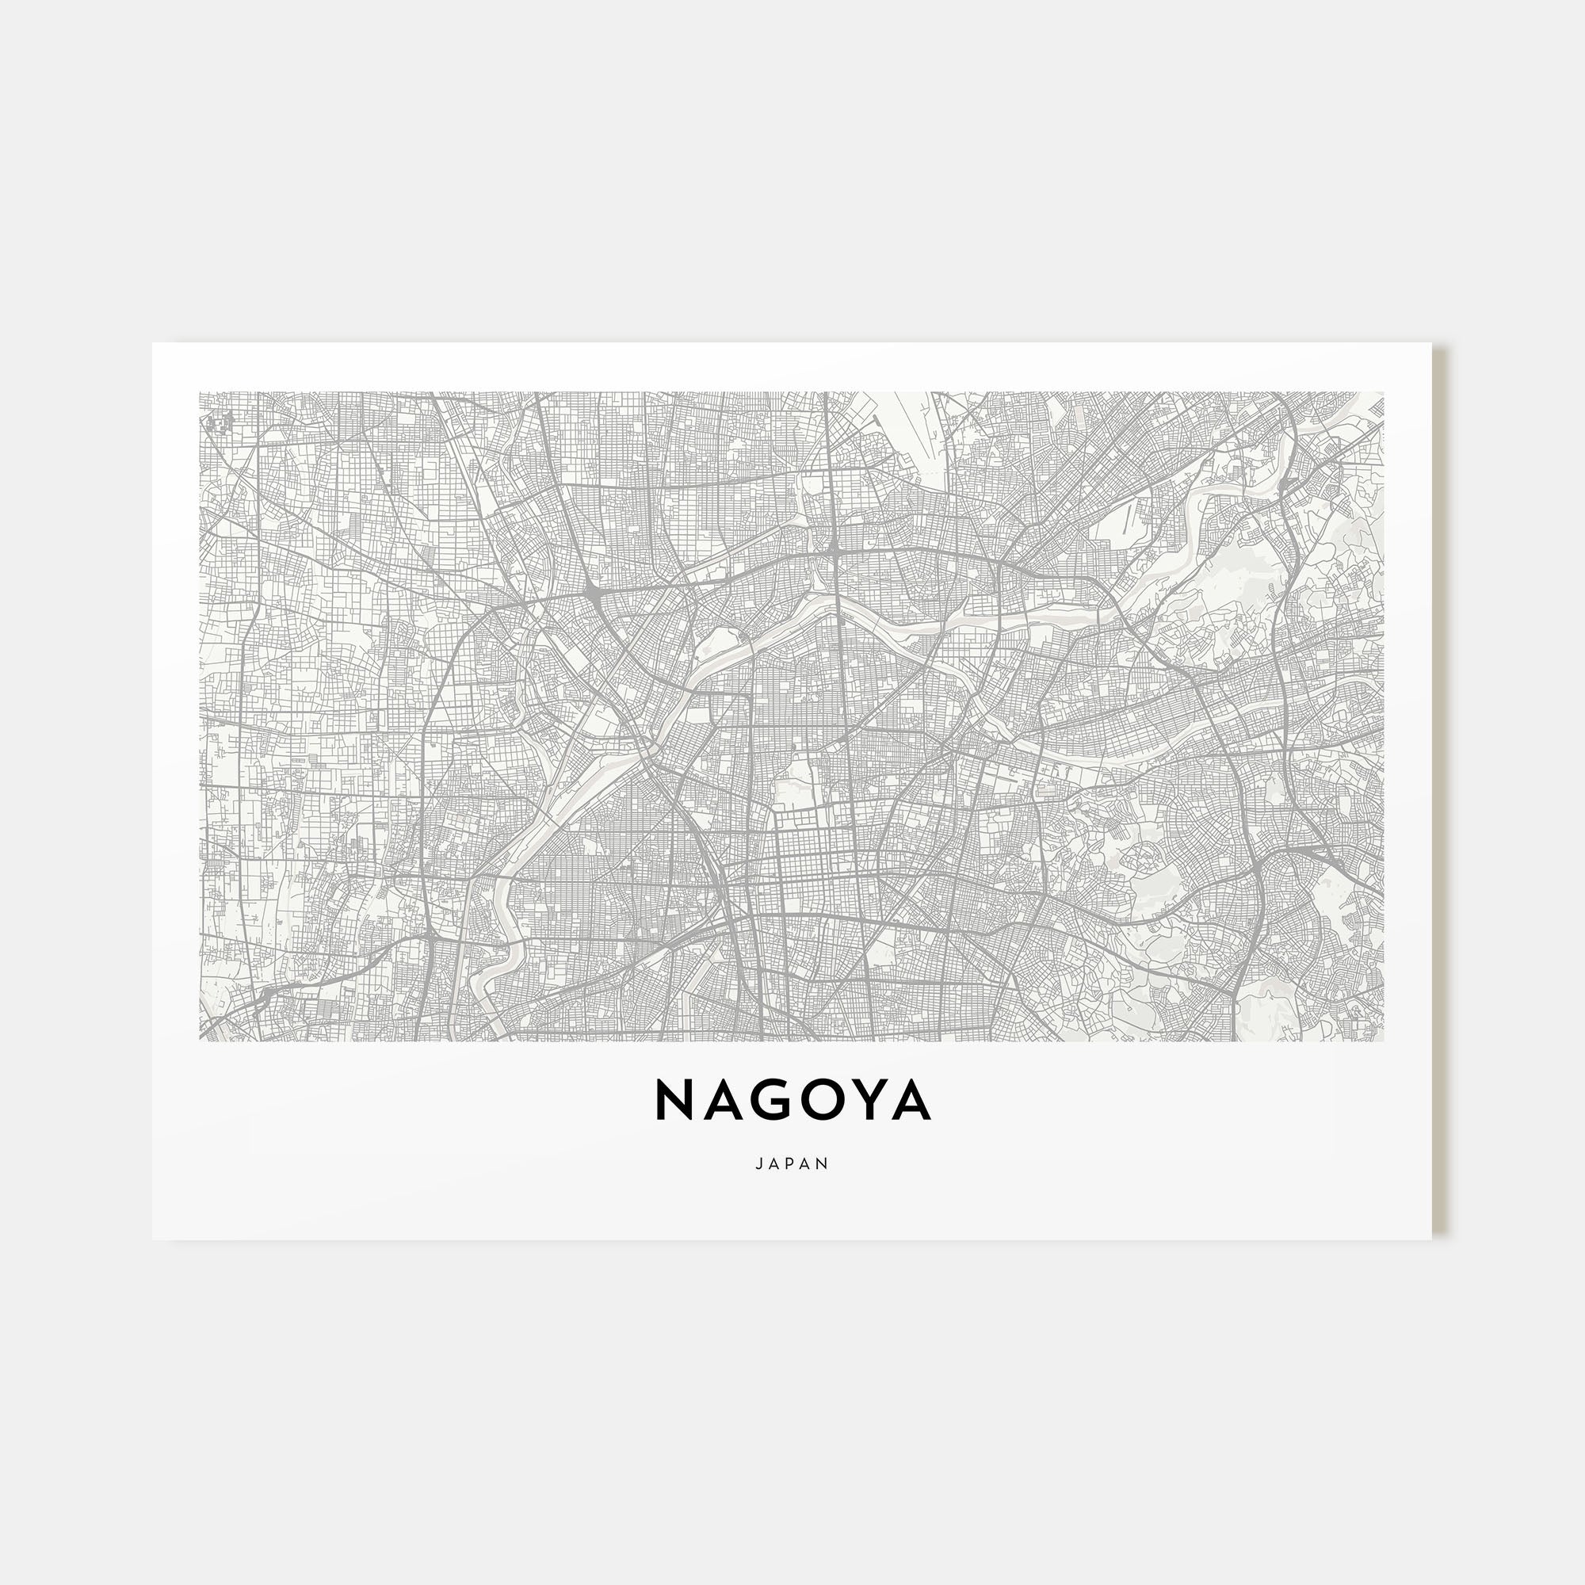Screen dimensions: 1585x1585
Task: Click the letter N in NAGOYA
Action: (x=676, y=1100)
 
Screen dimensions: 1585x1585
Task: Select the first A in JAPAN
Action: (x=775, y=1164)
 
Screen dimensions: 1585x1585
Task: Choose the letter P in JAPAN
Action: (x=792, y=1164)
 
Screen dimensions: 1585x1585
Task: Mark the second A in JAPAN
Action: (x=808, y=1164)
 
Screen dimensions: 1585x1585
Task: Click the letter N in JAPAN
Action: (x=824, y=1164)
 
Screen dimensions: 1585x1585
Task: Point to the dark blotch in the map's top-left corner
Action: (x=220, y=422)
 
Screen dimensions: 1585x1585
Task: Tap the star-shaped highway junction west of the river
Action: (x=593, y=592)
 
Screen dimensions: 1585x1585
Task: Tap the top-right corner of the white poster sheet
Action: (x=1431, y=344)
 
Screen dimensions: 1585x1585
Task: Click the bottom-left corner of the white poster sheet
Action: (x=154, y=1239)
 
